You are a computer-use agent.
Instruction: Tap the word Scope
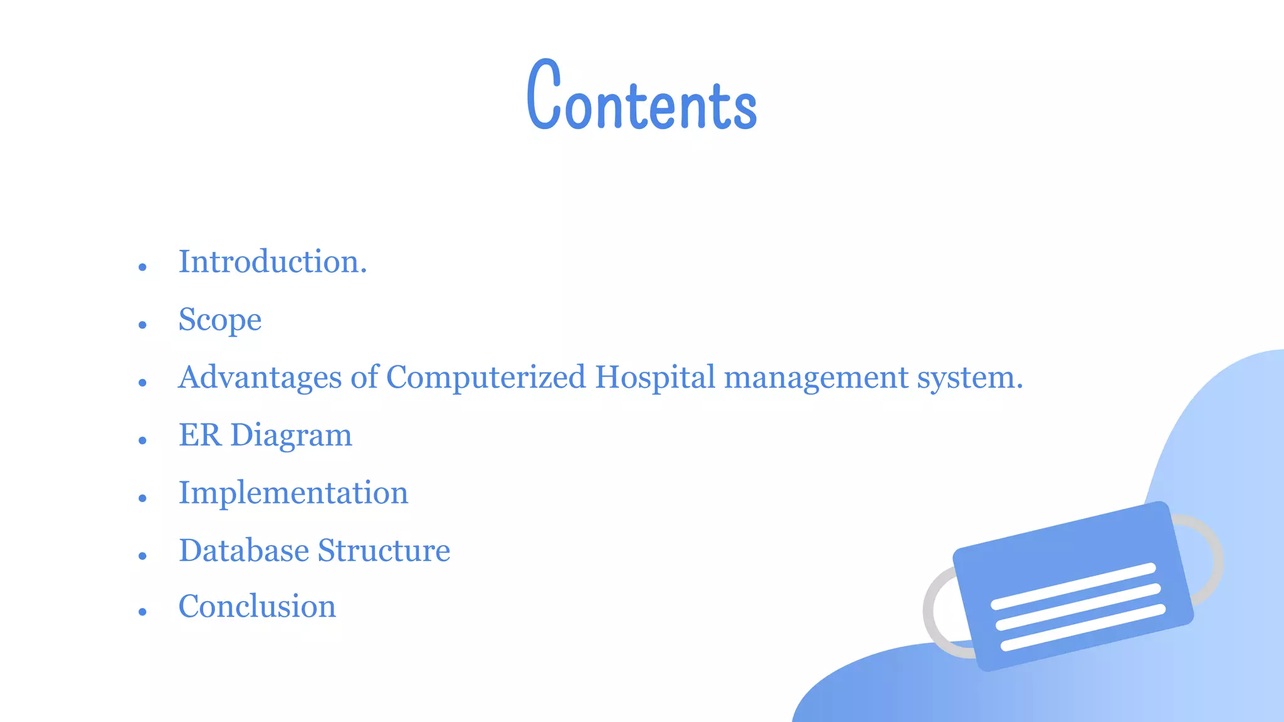click(x=219, y=320)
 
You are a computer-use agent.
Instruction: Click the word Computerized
click(x=486, y=378)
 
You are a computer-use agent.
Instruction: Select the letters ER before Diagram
click(x=200, y=435)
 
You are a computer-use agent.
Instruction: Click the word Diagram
click(x=292, y=436)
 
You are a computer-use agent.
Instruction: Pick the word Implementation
click(x=293, y=493)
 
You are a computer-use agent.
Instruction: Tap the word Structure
click(x=384, y=550)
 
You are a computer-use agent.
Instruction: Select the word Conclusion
click(x=257, y=607)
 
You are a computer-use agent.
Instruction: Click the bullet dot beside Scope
click(x=142, y=325)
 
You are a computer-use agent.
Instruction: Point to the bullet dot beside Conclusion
click(x=142, y=612)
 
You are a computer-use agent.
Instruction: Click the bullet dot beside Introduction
click(x=142, y=267)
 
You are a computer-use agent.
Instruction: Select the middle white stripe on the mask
click(x=1077, y=606)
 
